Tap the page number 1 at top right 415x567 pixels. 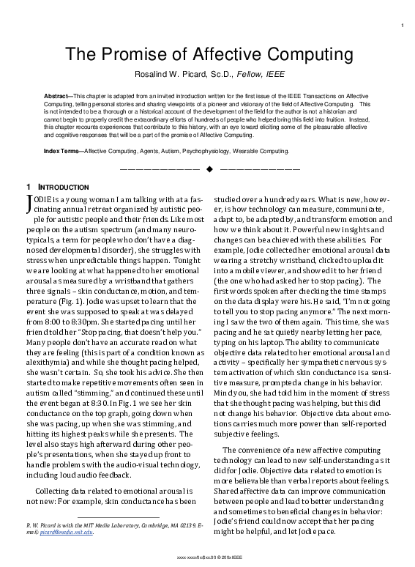(403, 27)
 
